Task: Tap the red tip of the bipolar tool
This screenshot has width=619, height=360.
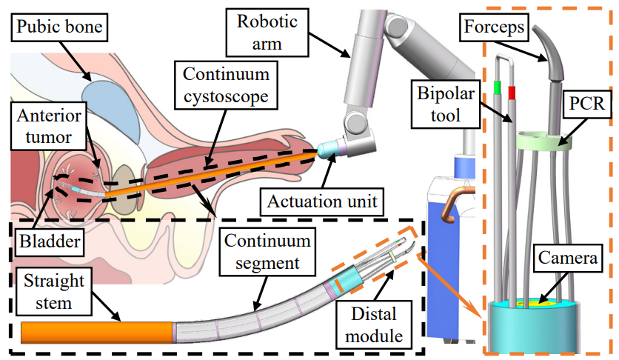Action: click(511, 93)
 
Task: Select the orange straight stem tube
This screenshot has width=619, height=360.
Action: click(96, 332)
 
